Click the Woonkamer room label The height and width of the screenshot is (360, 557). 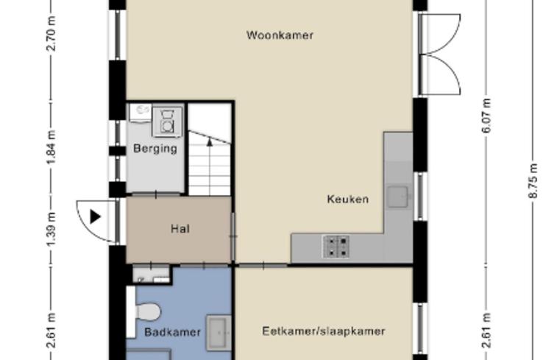coord(280,35)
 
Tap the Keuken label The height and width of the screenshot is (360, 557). coord(348,199)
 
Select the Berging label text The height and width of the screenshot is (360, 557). coord(155,148)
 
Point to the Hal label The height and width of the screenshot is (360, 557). coord(180,229)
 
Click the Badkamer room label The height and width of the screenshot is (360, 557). coord(173,332)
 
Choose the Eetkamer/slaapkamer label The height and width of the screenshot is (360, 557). coord(324,331)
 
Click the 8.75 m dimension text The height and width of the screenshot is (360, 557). coord(533,180)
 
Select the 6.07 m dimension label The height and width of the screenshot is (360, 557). coord(486,116)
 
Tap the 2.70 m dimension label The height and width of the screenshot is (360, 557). coord(52,34)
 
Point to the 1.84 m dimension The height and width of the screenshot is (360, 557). coord(52,147)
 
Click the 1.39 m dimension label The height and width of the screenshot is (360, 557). coord(52,228)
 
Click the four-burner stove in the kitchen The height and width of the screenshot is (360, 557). coord(336,247)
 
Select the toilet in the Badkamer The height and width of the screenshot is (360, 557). coord(147,312)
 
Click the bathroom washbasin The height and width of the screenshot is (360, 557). coord(219,333)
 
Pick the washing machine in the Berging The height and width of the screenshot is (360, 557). coord(167,122)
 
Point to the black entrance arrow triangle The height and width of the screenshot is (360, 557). coord(95,216)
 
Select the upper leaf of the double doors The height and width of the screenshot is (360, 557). coord(440,34)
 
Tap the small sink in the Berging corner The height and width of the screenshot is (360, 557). coord(141,113)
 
